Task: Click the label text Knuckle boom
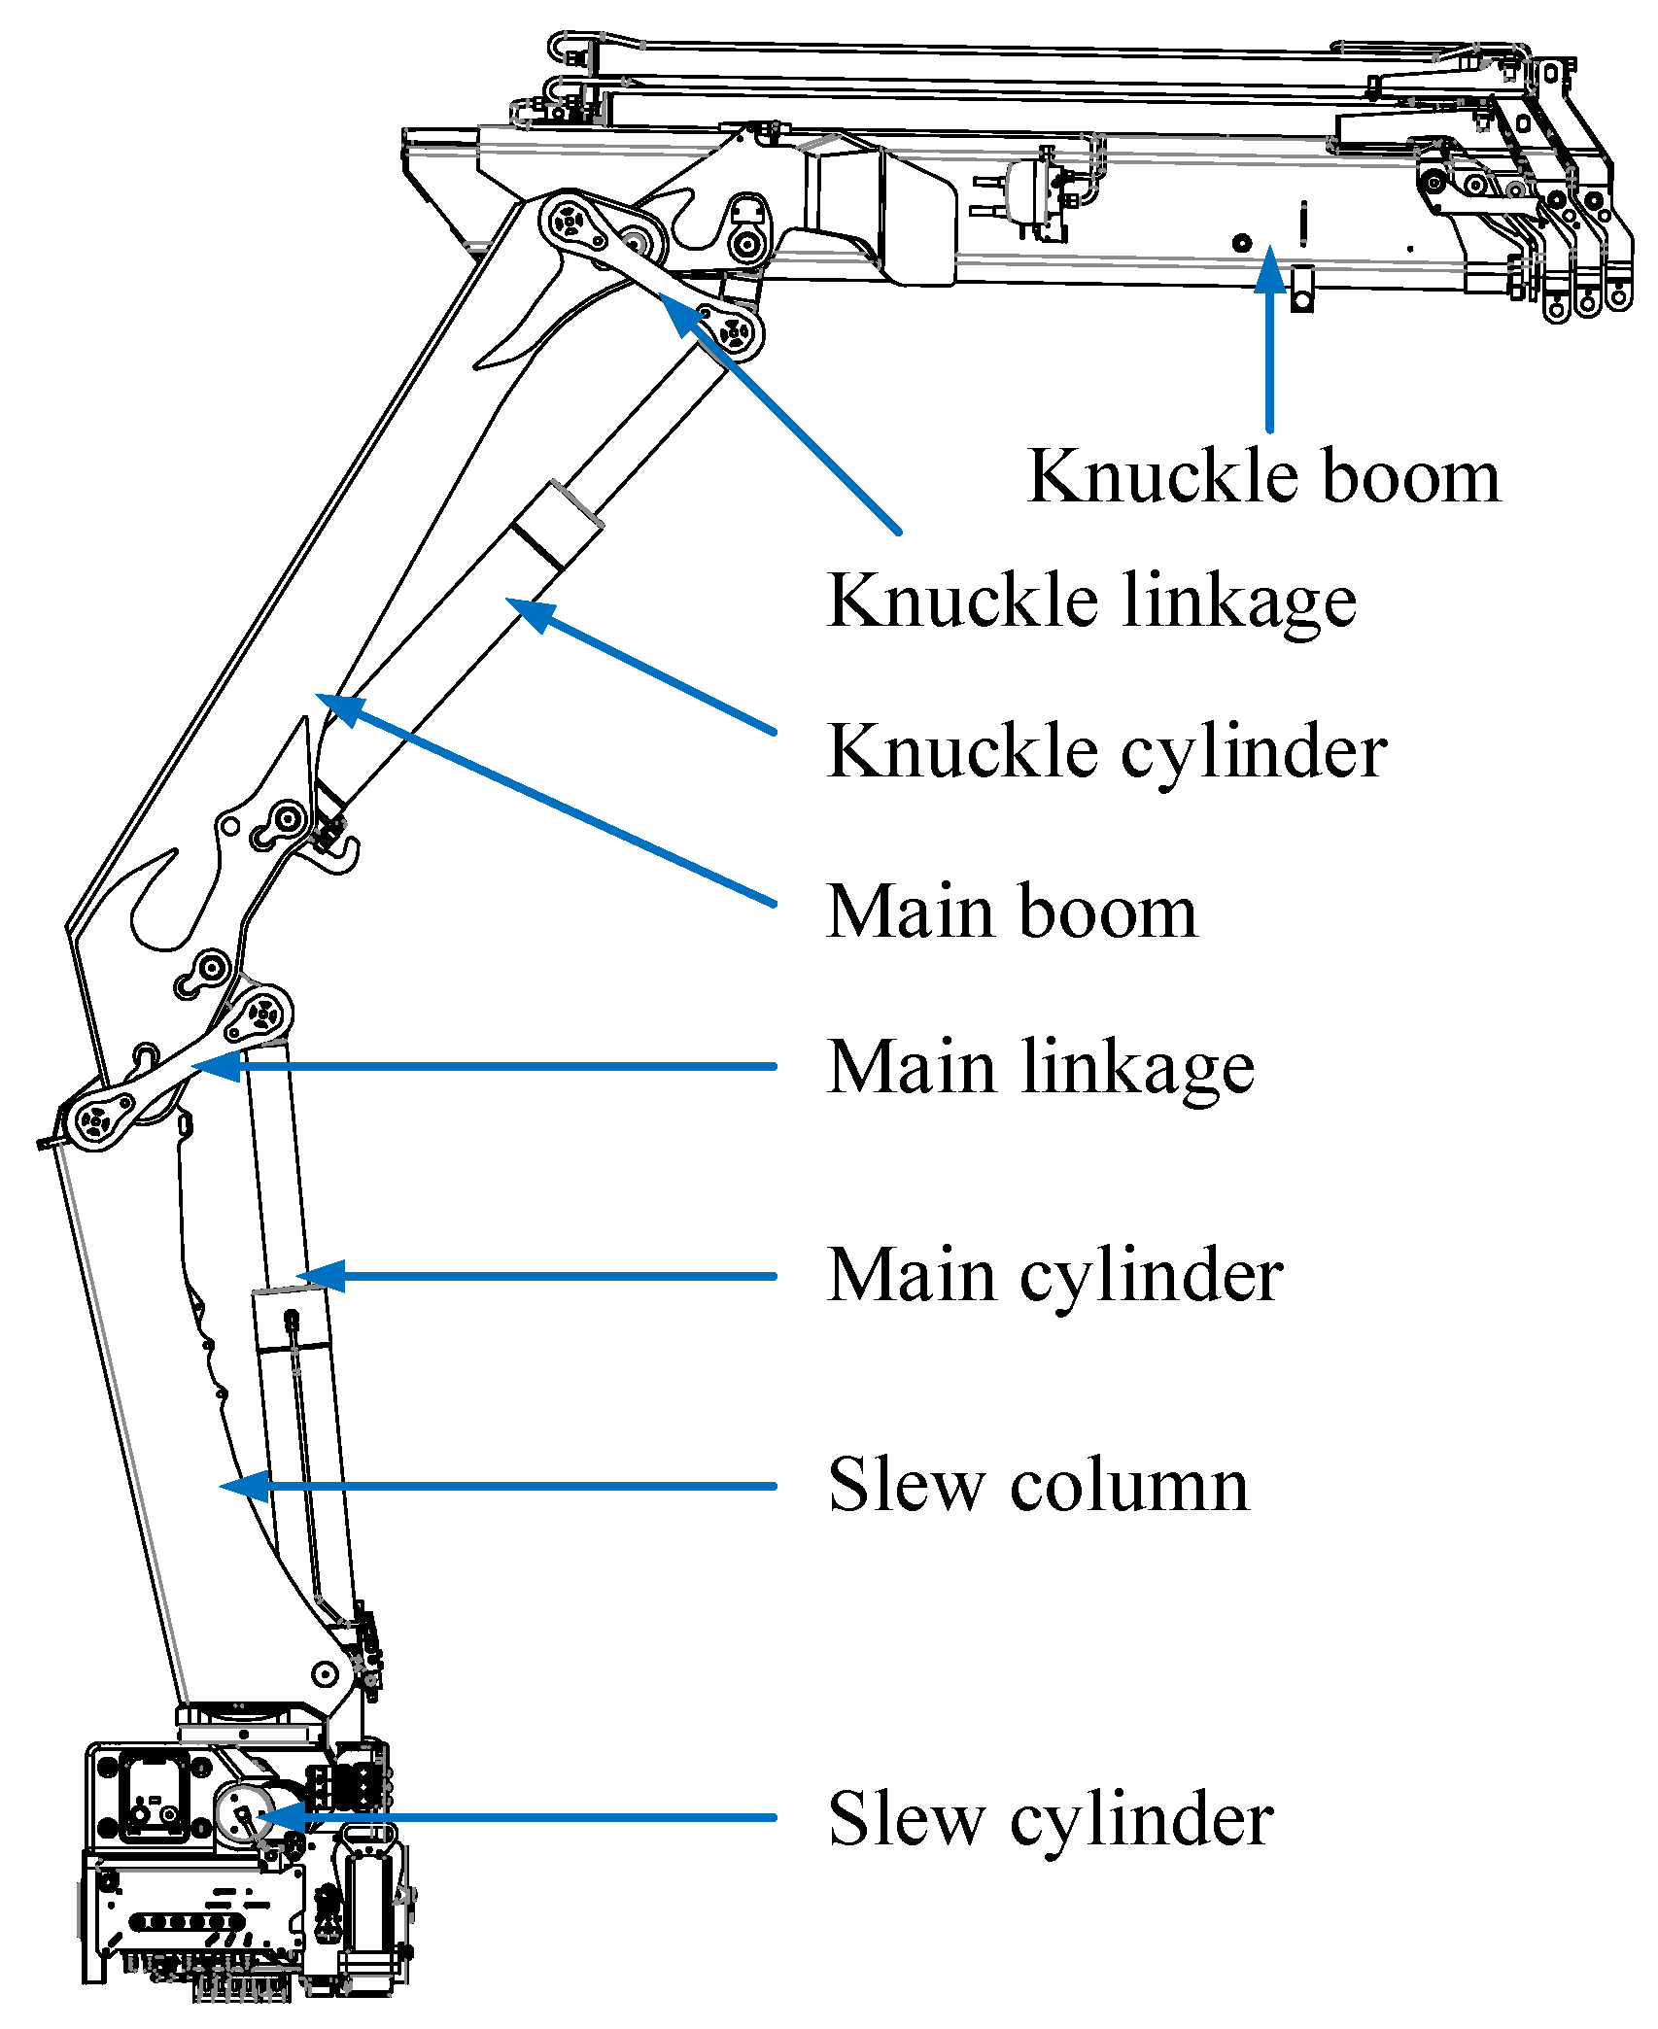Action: [1263, 477]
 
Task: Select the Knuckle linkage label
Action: [1090, 602]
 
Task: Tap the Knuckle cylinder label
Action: [1106, 752]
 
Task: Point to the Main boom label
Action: [1011, 911]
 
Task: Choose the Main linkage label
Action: [1040, 1067]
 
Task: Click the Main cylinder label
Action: [1054, 1275]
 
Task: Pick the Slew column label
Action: [1037, 1486]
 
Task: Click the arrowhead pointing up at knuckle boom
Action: [1269, 267]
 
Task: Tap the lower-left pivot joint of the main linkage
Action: [95, 1122]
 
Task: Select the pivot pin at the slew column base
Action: [325, 1674]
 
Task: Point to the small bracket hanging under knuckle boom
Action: [1302, 290]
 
